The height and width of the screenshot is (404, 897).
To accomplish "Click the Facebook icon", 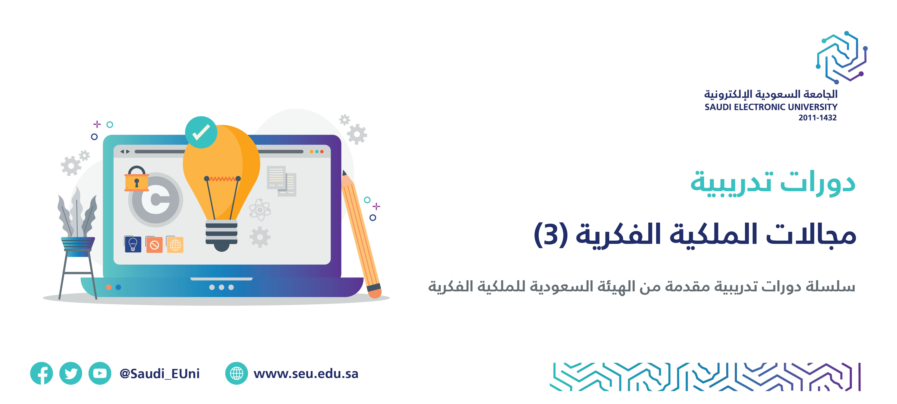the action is (41, 373).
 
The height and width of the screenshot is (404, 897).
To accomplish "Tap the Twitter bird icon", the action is (71, 373).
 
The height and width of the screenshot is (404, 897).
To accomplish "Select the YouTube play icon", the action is (100, 373).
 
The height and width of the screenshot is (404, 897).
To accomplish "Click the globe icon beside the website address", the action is (236, 373).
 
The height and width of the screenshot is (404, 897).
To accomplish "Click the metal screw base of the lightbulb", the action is (222, 235).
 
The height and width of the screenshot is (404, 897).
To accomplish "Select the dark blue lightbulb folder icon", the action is (133, 244).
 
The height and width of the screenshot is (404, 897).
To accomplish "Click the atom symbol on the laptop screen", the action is (260, 210).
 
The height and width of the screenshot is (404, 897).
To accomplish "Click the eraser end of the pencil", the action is (374, 291).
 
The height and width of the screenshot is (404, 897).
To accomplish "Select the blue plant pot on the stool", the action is (78, 247).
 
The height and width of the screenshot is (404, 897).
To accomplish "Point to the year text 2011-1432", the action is (817, 118).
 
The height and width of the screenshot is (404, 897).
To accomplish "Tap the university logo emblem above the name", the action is (842, 57).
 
